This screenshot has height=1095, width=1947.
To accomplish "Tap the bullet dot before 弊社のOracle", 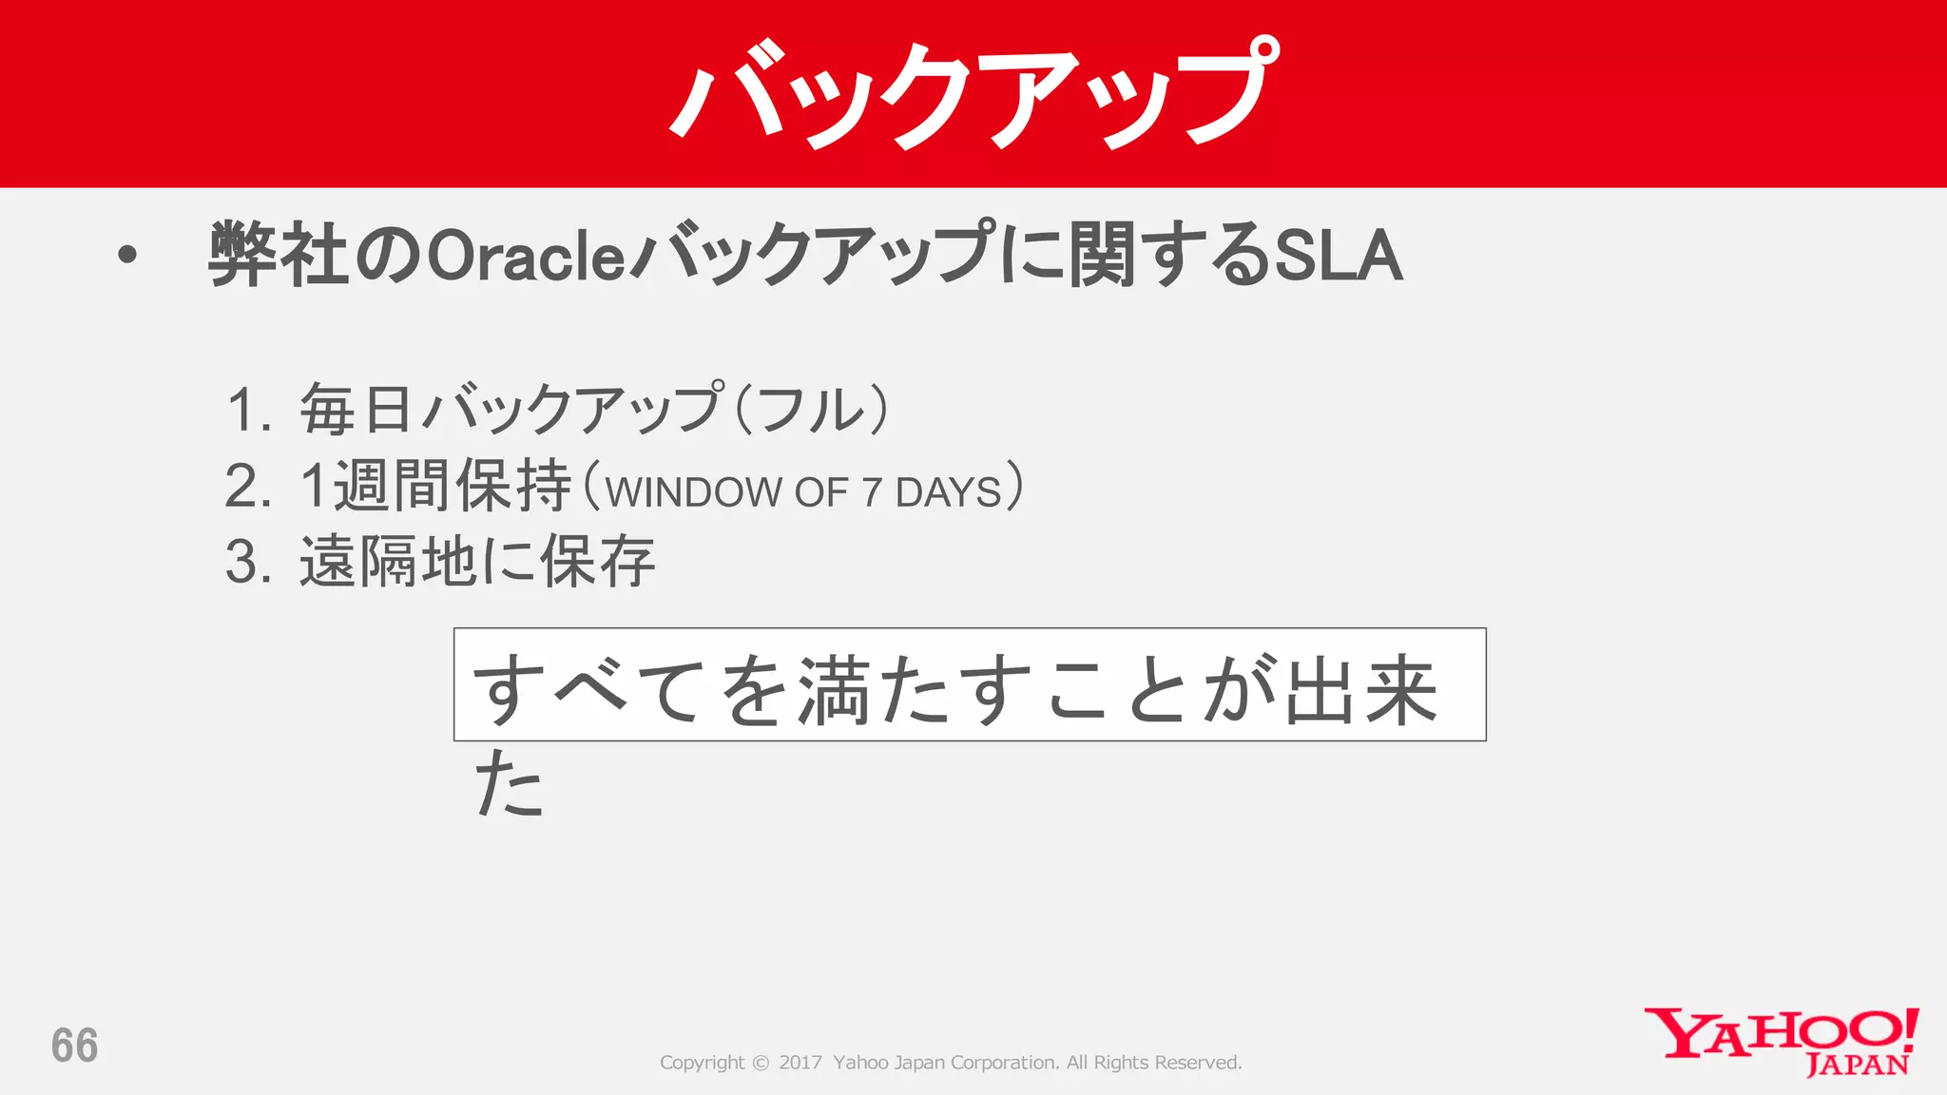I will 127,255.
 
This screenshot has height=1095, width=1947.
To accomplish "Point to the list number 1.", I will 249,411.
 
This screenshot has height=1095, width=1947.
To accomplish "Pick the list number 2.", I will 248,487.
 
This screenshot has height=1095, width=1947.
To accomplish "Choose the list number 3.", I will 248,562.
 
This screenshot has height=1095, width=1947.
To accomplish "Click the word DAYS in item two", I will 948,492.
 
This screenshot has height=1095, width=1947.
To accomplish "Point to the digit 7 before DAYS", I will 871,492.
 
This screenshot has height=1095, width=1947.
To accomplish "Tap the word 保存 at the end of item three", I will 598,562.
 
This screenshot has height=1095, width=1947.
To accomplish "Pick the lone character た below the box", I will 510,784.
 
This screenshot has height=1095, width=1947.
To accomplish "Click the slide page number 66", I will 74,1046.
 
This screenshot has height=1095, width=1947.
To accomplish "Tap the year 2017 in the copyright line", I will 800,1063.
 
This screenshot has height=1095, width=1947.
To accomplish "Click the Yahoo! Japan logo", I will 1780,1042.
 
